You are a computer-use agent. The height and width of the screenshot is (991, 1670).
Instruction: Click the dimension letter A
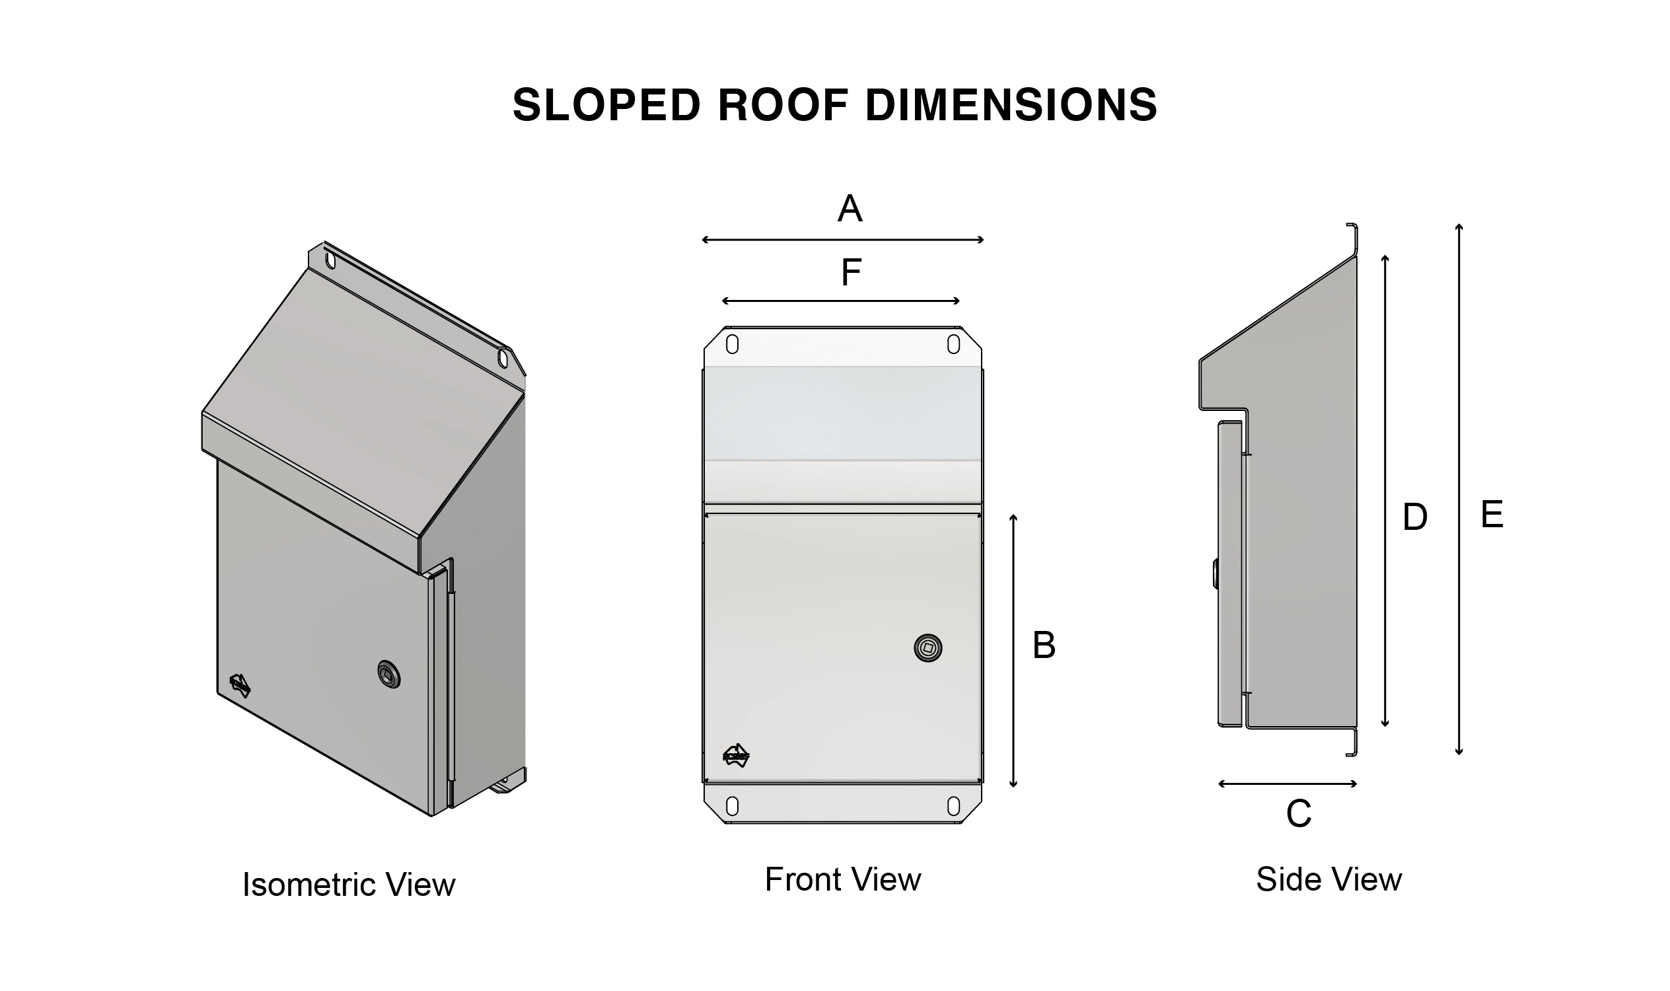tap(850, 208)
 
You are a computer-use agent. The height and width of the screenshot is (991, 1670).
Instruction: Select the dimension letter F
tap(851, 272)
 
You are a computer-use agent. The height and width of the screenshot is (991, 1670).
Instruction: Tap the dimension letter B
tap(1044, 645)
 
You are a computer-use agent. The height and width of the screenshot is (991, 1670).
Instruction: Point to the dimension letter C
tap(1299, 813)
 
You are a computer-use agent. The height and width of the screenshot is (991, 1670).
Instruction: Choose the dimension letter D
tap(1415, 517)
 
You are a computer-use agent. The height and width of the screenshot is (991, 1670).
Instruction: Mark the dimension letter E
tap(1492, 515)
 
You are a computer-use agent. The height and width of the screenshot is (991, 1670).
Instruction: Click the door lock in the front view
tap(927, 647)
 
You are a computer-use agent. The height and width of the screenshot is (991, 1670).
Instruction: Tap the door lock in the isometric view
tap(388, 675)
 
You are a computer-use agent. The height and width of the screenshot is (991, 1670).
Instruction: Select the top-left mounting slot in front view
tap(732, 345)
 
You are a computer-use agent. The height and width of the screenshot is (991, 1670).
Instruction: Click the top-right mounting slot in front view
tap(953, 345)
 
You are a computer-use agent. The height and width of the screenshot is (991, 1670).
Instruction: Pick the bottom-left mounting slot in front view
tap(732, 806)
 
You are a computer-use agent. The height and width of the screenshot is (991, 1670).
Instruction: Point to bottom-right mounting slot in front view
tap(953, 806)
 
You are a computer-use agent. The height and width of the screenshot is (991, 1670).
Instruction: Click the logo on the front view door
tap(736, 755)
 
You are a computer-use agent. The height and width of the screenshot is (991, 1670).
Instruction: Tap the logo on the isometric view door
tap(240, 685)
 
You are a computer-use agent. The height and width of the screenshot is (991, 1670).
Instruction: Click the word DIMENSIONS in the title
tap(1011, 105)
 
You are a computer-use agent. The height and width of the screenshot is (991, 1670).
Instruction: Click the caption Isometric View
tap(349, 885)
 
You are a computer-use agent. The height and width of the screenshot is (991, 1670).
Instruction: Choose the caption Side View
tap(1328, 879)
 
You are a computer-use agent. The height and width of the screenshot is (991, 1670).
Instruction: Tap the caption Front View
tap(843, 879)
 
